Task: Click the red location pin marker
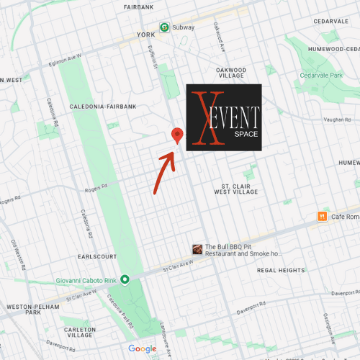(x=177, y=135)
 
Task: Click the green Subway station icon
(x=165, y=27)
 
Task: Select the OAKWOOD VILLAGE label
(x=231, y=73)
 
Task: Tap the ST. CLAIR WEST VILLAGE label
(x=235, y=189)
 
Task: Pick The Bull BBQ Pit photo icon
(x=197, y=249)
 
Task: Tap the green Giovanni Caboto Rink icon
(x=125, y=279)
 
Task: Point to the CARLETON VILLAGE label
(x=79, y=331)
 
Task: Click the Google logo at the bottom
(x=143, y=348)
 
